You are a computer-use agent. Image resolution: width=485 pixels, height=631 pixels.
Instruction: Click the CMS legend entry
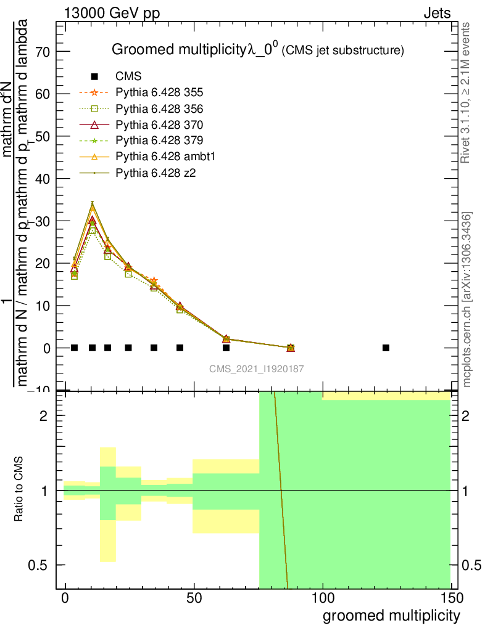(x=128, y=77)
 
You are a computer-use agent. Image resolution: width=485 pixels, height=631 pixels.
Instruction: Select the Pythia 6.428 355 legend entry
(x=159, y=93)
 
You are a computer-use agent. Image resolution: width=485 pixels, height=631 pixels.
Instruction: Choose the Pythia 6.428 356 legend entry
(x=159, y=109)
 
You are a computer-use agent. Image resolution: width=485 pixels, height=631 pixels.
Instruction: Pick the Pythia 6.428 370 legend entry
(x=159, y=125)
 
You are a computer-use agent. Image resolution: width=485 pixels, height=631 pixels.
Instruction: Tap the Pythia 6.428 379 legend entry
(x=159, y=141)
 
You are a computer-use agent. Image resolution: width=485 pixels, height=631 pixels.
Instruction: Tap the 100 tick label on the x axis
(x=322, y=598)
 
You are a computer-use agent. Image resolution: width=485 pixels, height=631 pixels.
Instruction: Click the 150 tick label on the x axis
(x=450, y=598)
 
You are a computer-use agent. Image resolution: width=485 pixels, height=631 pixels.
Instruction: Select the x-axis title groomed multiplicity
(x=391, y=616)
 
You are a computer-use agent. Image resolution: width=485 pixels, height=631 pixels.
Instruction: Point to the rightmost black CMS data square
(x=386, y=348)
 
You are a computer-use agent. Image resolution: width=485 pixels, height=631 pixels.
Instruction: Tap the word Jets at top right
(x=437, y=13)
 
